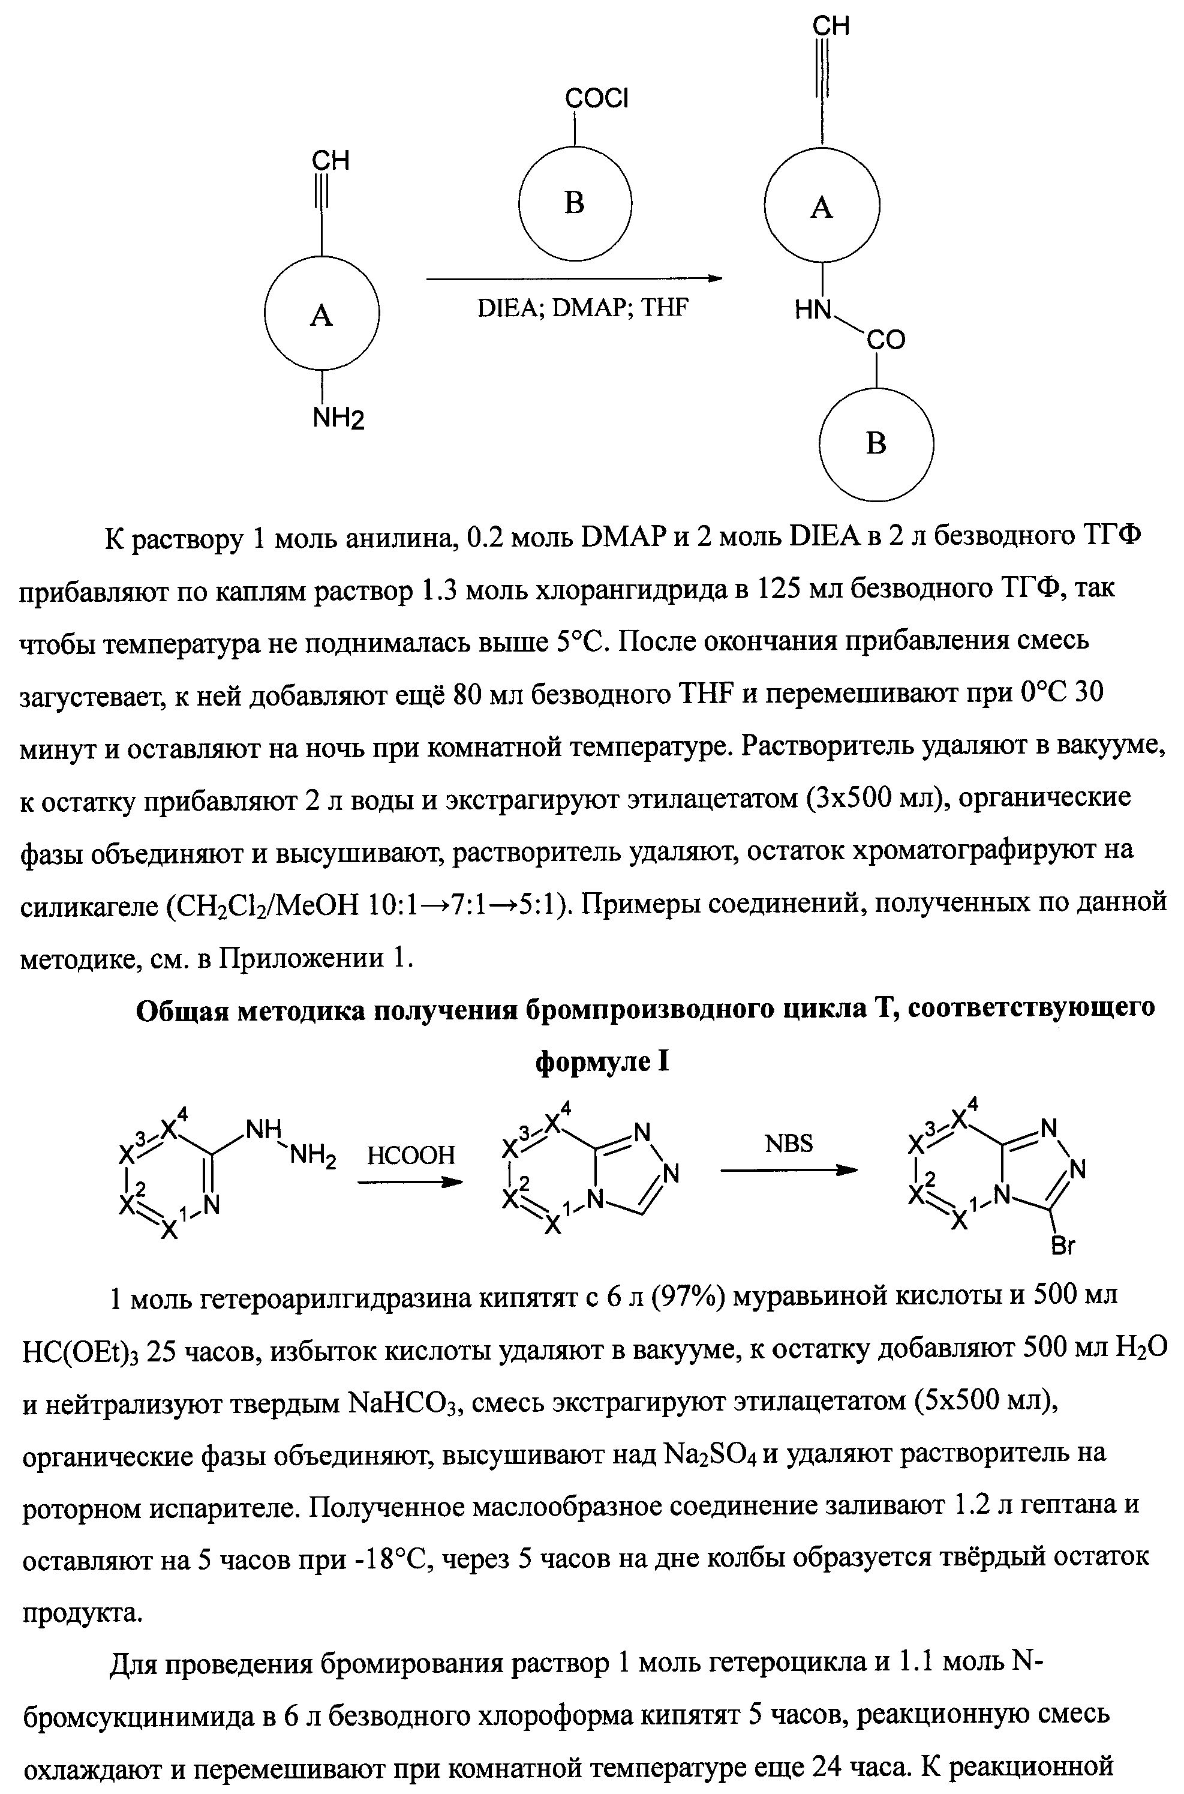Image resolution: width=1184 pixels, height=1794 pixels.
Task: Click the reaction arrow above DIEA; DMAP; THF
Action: (574, 279)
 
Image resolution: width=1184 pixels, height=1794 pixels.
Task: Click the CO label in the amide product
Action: (885, 341)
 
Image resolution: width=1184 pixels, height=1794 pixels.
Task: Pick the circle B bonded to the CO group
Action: (876, 443)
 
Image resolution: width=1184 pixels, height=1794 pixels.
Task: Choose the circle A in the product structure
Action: (822, 206)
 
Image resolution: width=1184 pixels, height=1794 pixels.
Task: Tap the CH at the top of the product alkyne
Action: (831, 26)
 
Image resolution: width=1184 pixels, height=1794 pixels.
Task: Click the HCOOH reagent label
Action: (411, 1155)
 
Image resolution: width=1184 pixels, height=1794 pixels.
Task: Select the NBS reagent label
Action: (789, 1144)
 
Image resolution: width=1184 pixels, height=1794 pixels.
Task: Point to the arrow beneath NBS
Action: (789, 1170)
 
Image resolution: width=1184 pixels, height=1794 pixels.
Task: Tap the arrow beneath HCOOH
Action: (408, 1182)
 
